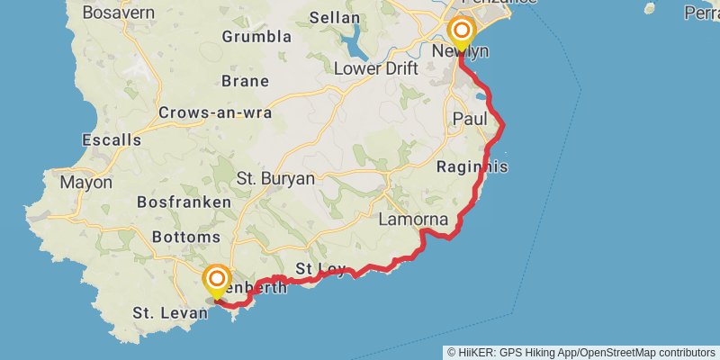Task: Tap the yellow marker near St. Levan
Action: click(x=217, y=281)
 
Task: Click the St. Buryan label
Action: click(x=275, y=178)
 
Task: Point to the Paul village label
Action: click(x=470, y=119)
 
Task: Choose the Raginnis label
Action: click(x=472, y=166)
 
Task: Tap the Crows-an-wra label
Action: click(x=215, y=112)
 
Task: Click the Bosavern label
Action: click(x=118, y=13)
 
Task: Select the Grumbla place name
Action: click(x=256, y=37)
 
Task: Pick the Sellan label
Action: click(x=334, y=17)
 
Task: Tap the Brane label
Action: click(x=245, y=81)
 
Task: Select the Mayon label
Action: click(x=85, y=182)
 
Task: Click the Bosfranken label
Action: click(x=184, y=202)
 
